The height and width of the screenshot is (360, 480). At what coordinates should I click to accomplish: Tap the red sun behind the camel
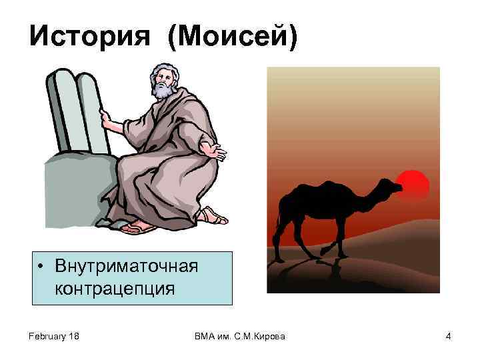tap(412, 183)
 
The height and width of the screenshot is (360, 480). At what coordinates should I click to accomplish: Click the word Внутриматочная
tap(127, 267)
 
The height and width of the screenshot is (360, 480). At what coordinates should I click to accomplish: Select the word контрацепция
tap(115, 289)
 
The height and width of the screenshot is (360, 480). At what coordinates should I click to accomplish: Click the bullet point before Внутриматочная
tap(42, 268)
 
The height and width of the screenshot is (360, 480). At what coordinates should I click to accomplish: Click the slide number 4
tap(449, 337)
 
